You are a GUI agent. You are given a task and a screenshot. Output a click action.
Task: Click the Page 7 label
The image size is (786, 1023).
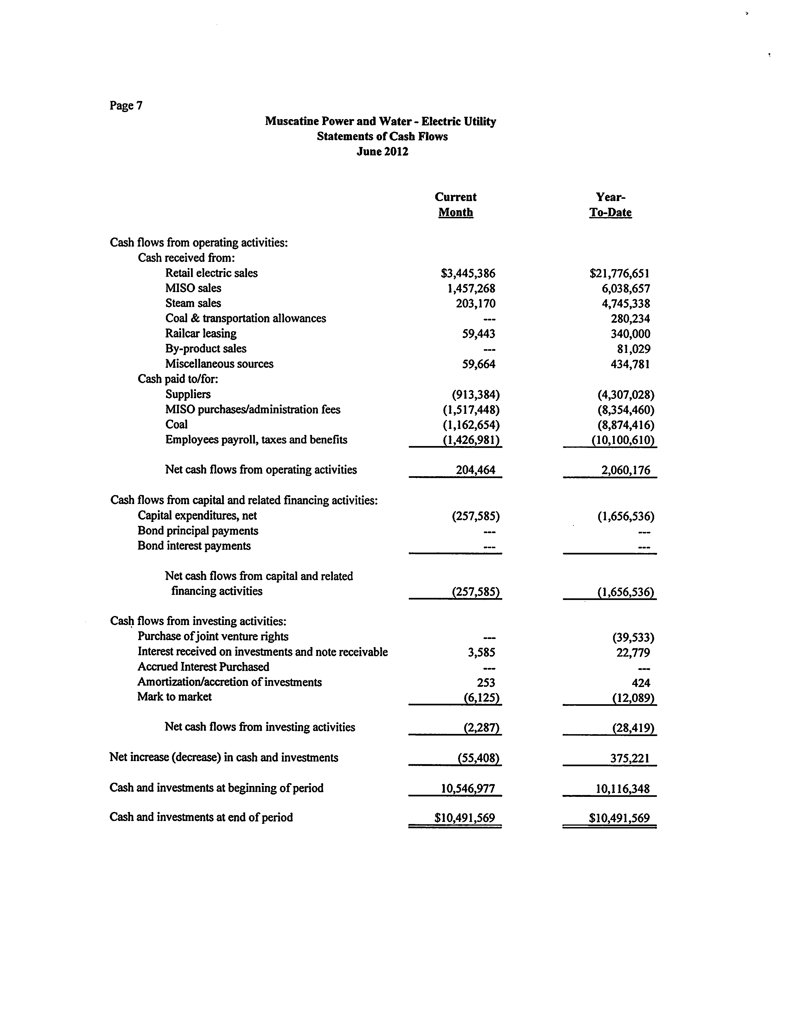[x=126, y=106]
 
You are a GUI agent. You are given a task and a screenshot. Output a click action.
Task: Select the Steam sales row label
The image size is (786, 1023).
[x=193, y=303]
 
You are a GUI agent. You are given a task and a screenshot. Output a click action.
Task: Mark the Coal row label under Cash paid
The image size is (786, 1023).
[x=176, y=424]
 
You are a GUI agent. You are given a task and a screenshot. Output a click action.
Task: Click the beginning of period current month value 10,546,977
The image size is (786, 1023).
[x=468, y=788]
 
